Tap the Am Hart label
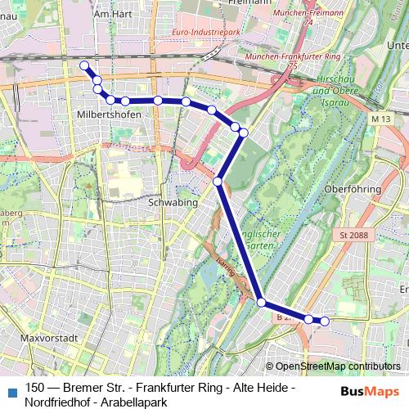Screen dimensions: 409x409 113,14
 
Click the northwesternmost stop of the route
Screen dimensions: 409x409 83,65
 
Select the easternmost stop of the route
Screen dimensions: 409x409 324,321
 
